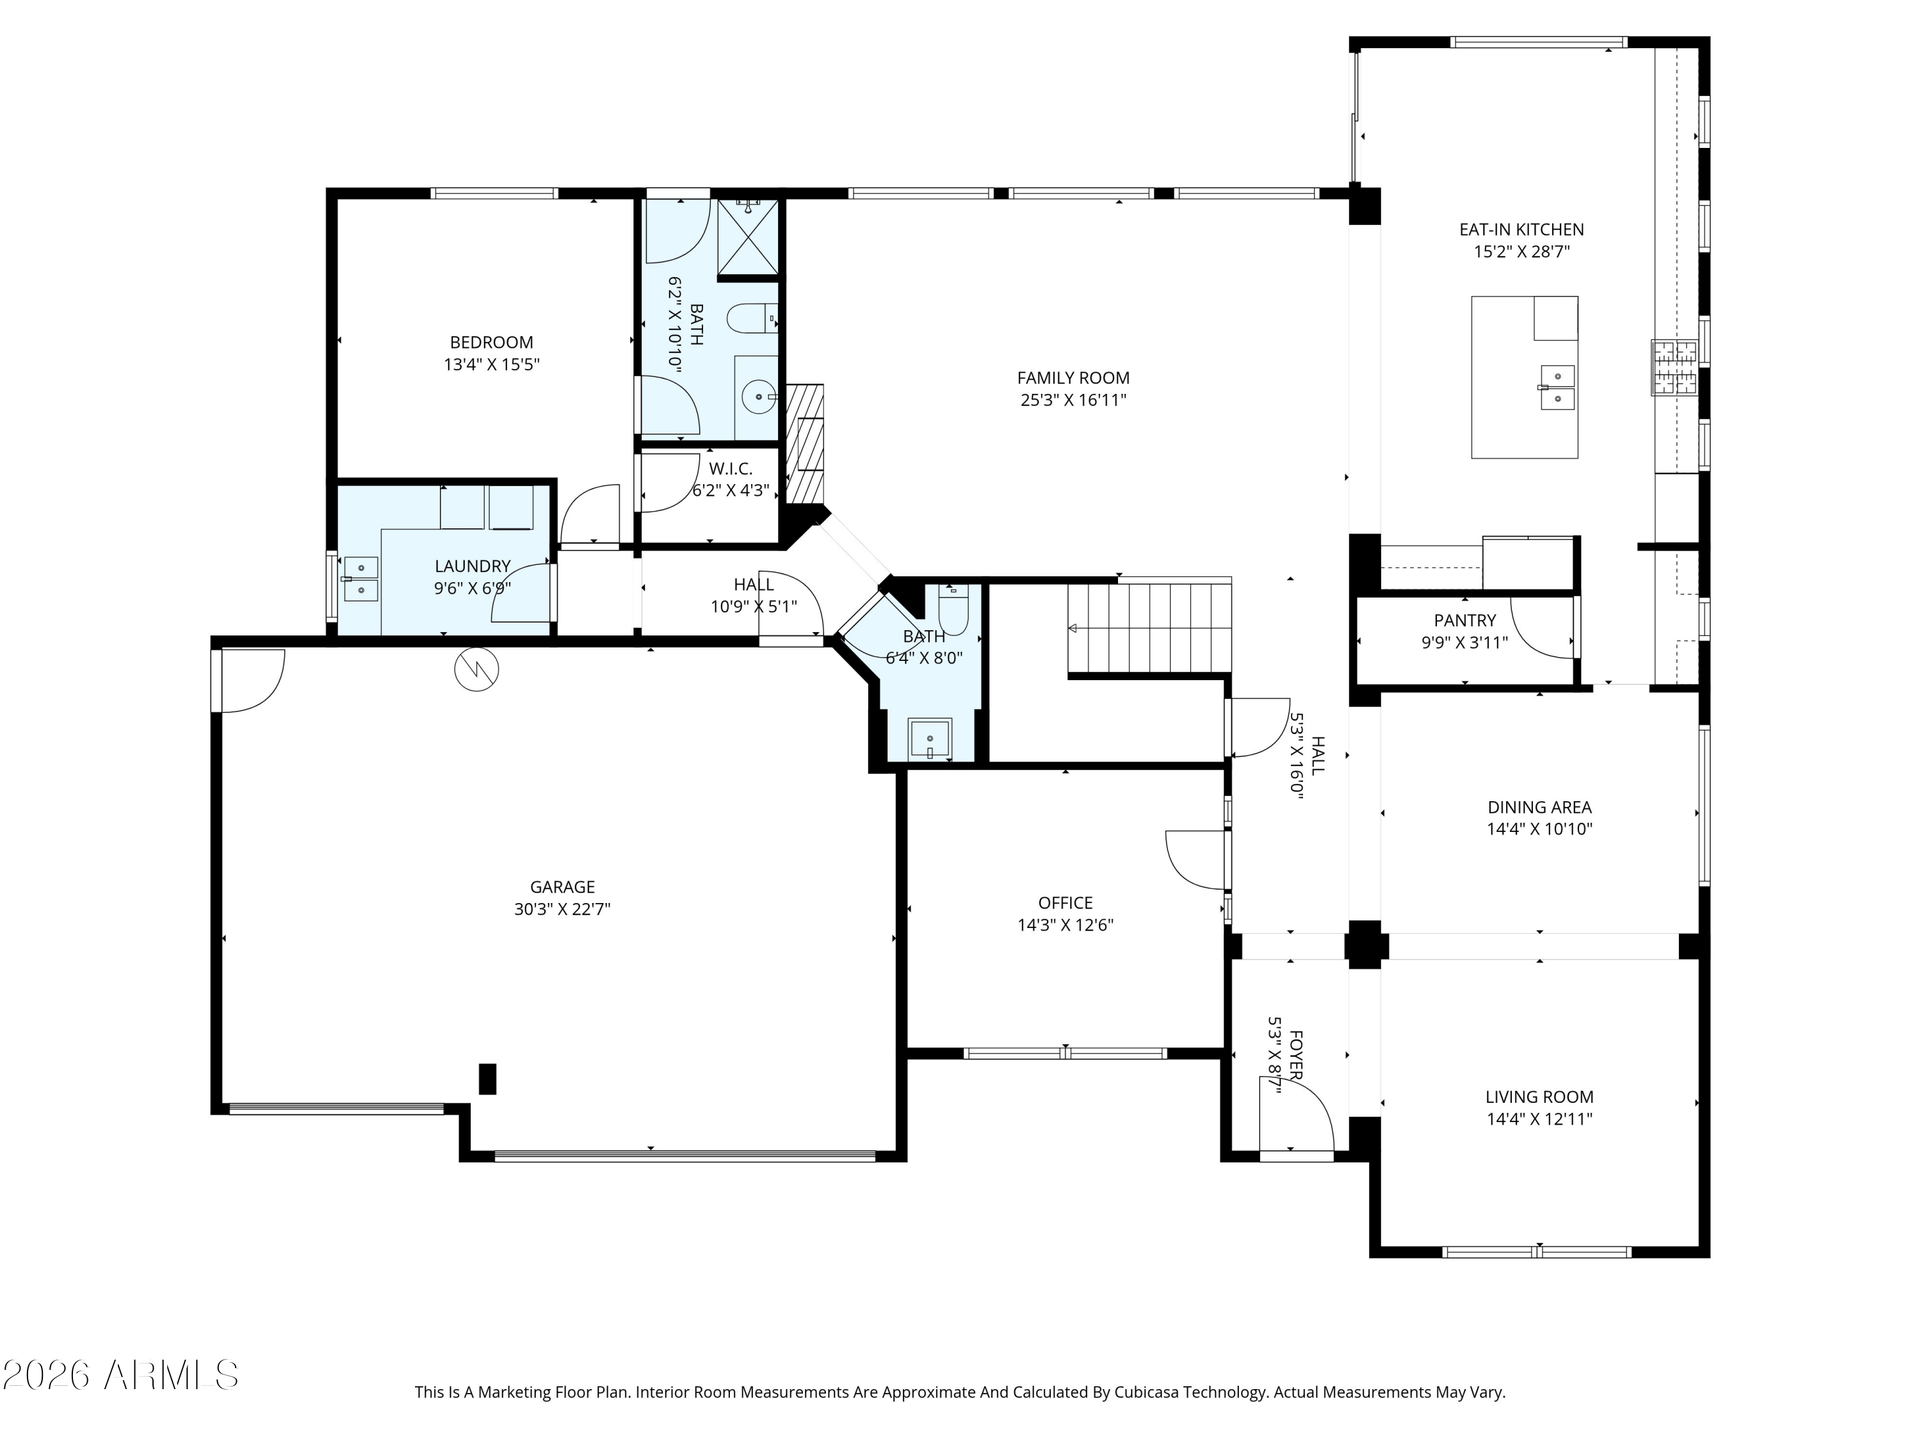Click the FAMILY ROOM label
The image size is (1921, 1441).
tap(1073, 378)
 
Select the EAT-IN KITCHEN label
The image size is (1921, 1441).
tap(1521, 229)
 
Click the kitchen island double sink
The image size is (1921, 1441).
tap(1557, 387)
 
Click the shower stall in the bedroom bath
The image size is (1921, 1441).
tap(748, 236)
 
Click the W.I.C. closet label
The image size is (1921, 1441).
tap(731, 469)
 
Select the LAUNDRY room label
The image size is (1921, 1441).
tap(473, 566)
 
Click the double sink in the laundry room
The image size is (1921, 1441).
tap(361, 578)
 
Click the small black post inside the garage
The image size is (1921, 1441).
tap(488, 1079)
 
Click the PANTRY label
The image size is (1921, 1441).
tap(1465, 620)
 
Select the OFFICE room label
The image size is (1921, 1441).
tap(1066, 902)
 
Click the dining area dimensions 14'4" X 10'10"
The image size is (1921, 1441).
tap(1540, 829)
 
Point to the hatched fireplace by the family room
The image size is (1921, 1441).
tap(804, 444)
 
